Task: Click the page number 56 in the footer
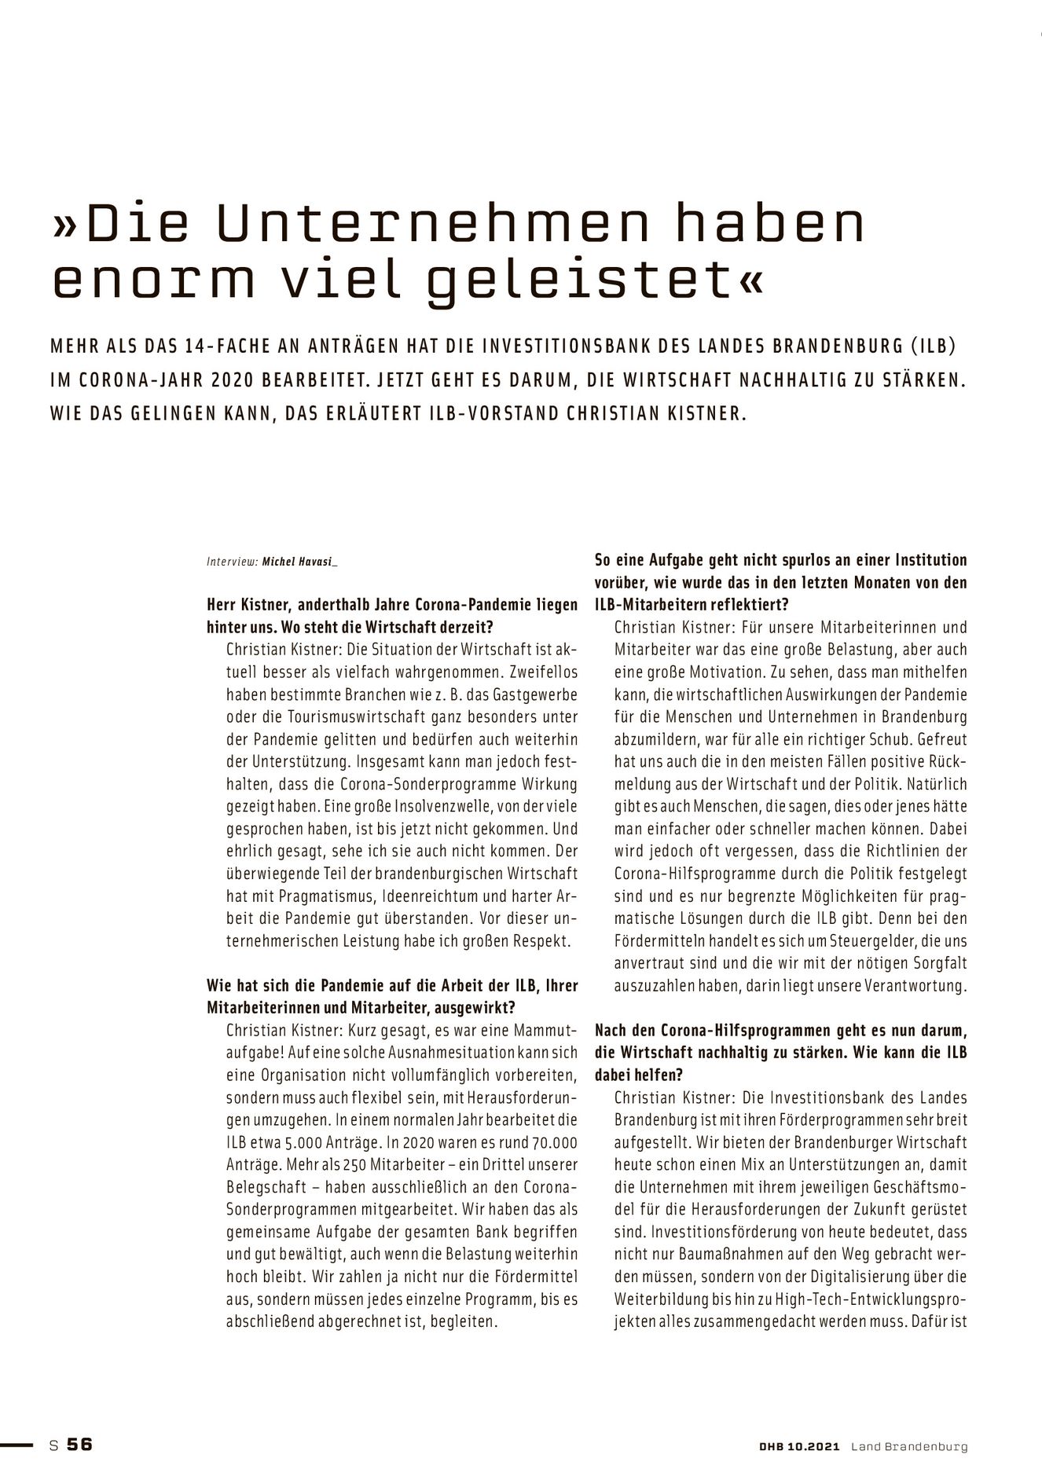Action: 79,1445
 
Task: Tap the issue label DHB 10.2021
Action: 795,1446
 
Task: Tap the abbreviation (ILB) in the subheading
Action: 939,346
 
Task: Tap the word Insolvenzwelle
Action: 381,806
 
